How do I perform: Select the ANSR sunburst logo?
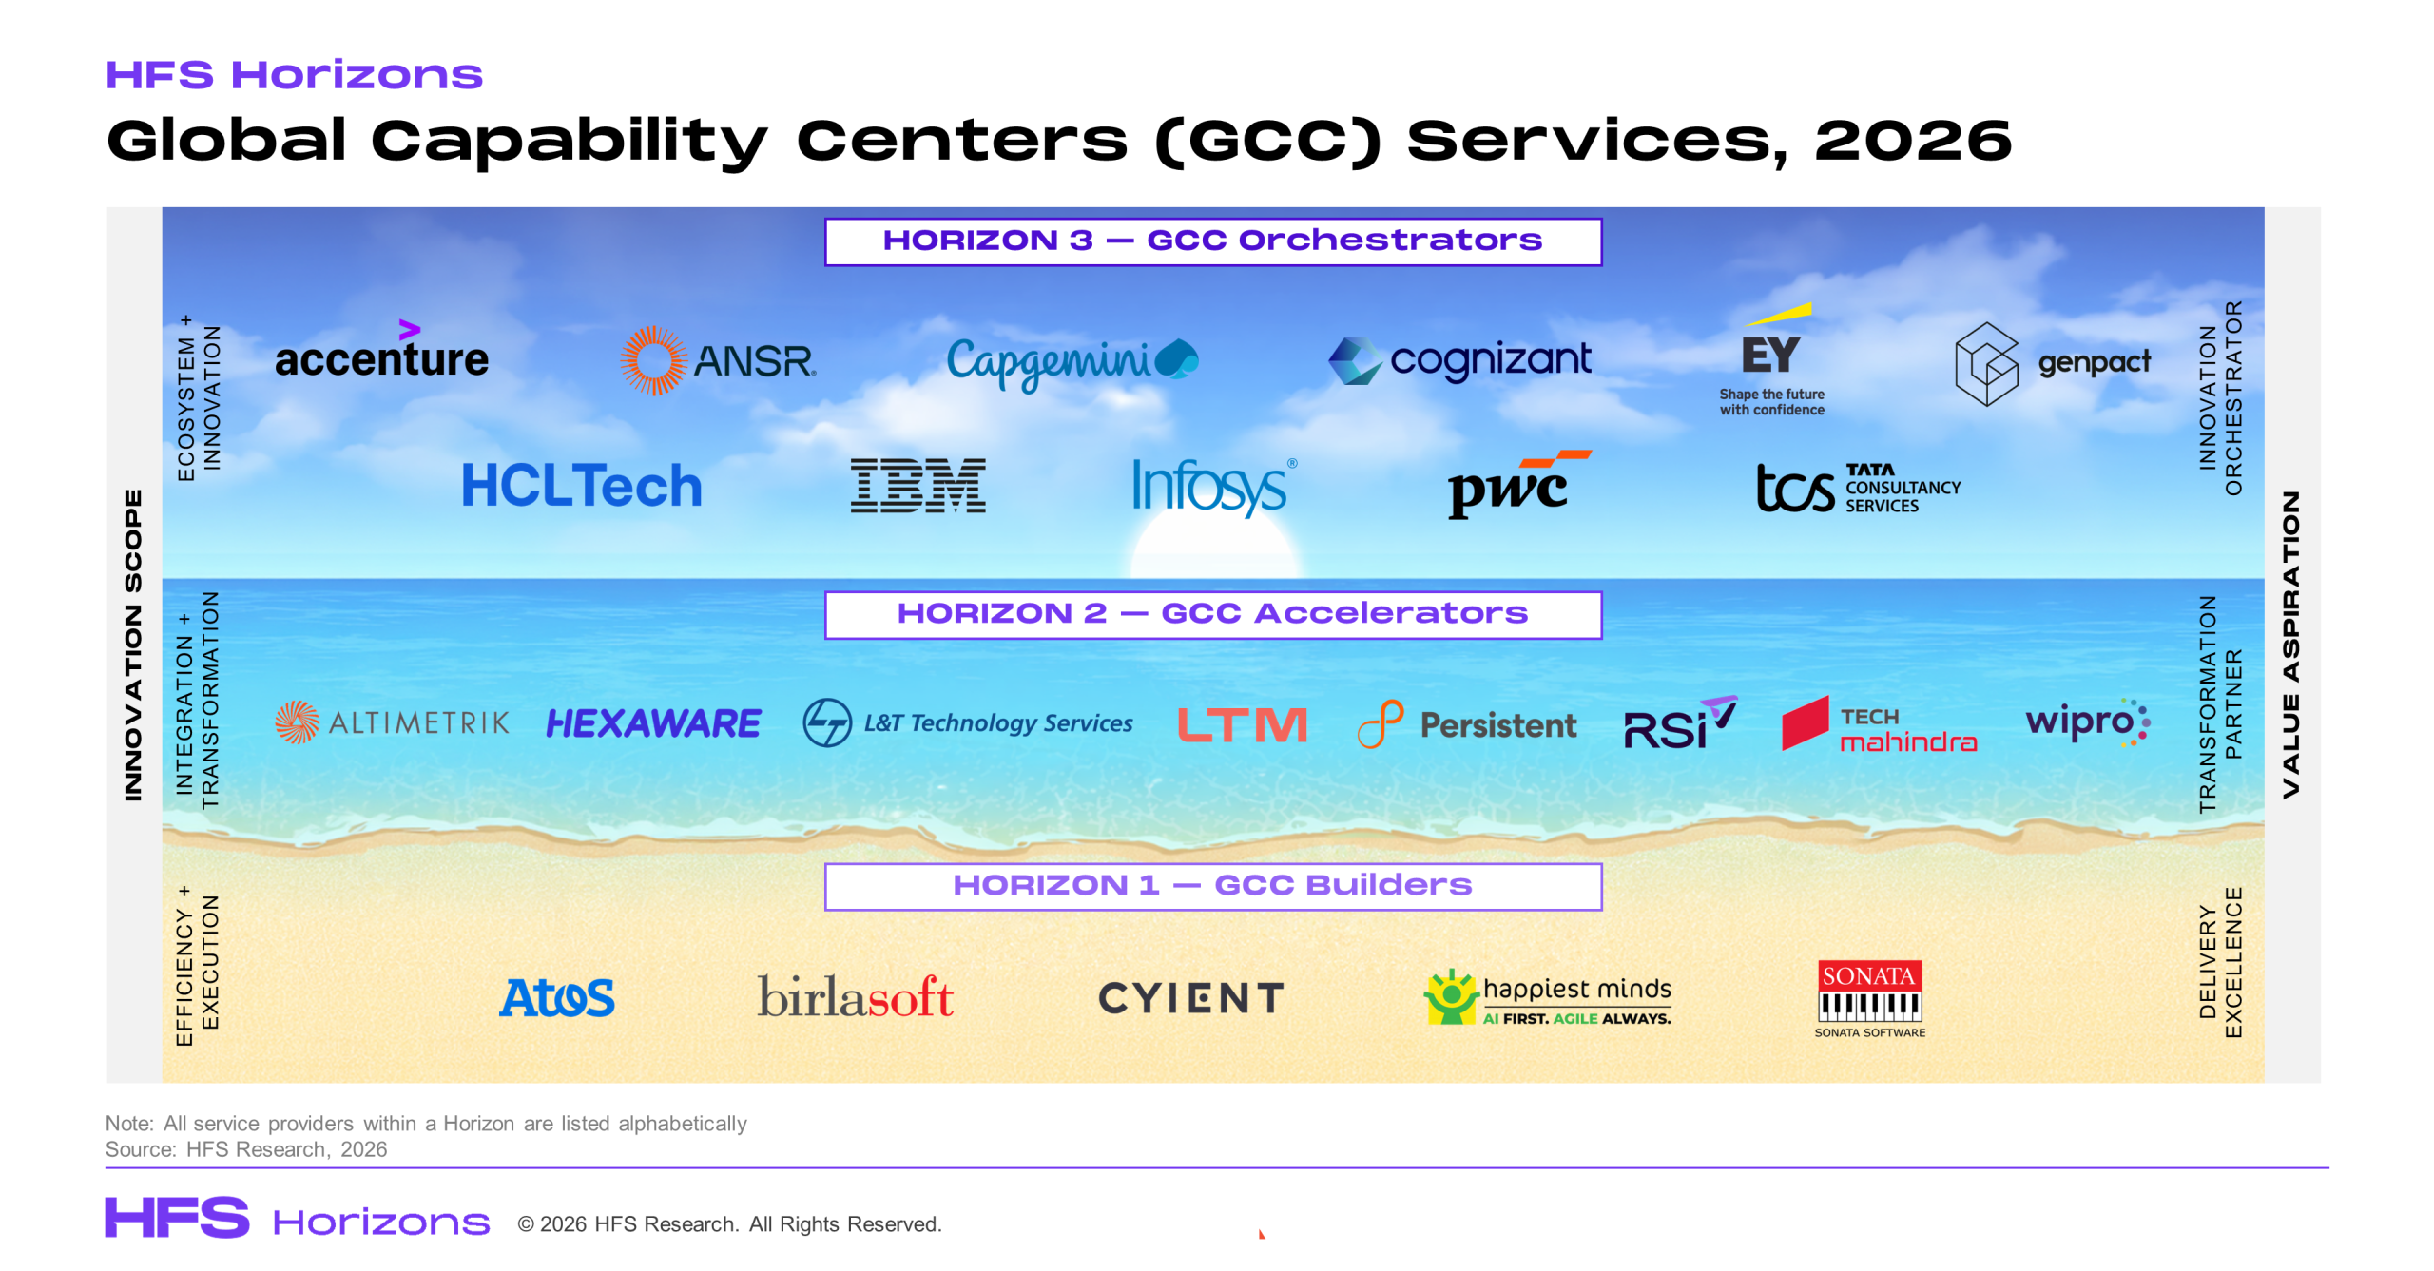pos(718,360)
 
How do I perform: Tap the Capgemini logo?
pos(1072,363)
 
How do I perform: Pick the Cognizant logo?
pos(1459,360)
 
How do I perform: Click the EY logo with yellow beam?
pos(1771,359)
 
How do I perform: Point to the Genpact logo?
pos(2053,363)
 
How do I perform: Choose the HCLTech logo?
pos(582,486)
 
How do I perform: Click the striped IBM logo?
pos(918,486)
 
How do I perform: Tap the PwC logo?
pos(1518,484)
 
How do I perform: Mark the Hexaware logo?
pos(653,723)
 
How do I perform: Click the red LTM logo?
pos(1242,724)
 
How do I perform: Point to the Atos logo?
pos(557,998)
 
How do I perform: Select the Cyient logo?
pos(1191,998)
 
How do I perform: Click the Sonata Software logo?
pos(1869,998)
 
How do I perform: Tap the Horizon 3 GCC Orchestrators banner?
pos(1213,241)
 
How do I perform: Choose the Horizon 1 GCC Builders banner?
pos(1213,886)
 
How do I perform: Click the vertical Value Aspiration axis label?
pos(2291,645)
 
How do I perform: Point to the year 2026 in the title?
pos(1913,141)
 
